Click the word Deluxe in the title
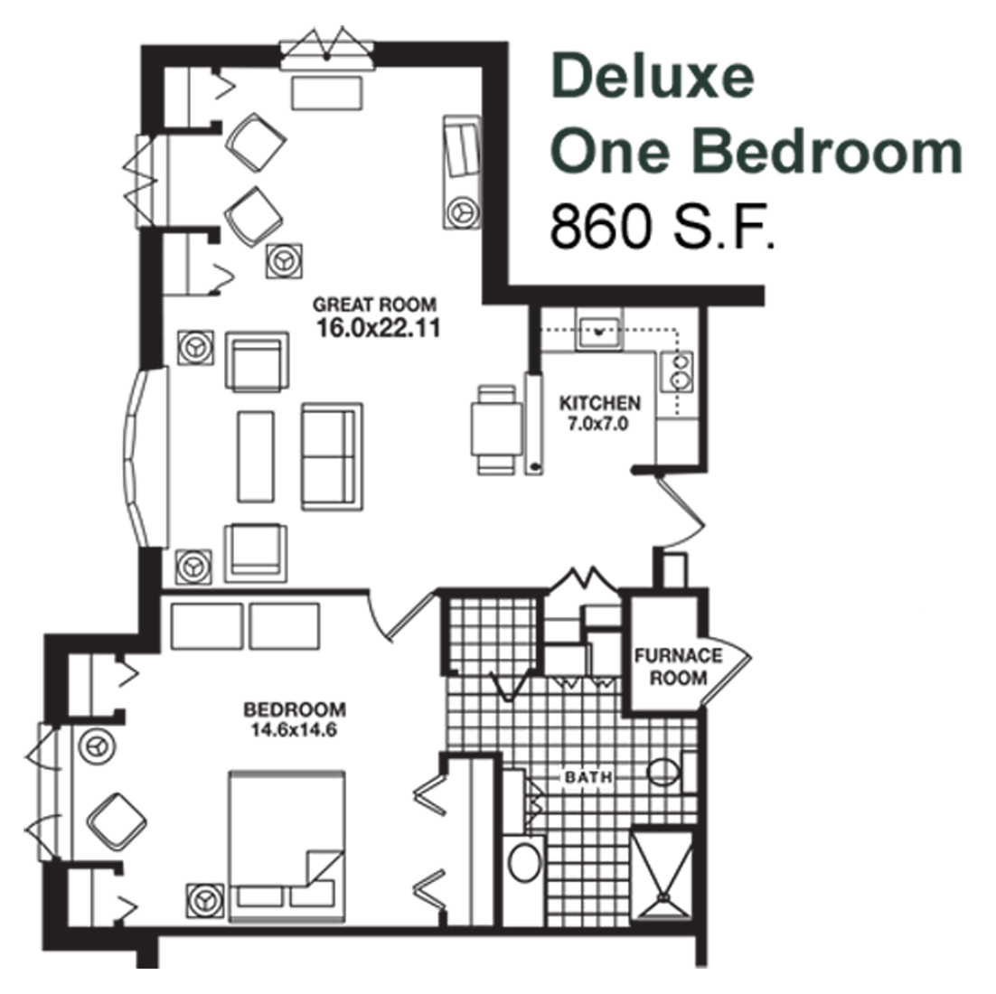[x=653, y=76]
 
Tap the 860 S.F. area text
[x=662, y=227]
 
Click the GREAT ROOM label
[x=374, y=305]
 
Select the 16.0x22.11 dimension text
[x=378, y=328]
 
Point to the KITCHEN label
[x=599, y=403]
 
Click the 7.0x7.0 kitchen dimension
[x=597, y=424]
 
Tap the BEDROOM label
[x=295, y=709]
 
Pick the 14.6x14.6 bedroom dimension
[x=294, y=730]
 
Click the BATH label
[x=589, y=777]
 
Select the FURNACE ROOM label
[x=679, y=667]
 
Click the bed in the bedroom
[x=287, y=847]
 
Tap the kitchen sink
[x=598, y=331]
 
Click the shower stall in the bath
[x=662, y=876]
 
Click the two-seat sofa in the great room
[x=332, y=456]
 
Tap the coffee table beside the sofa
[x=256, y=456]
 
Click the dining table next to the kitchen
[x=496, y=430]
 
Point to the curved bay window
[x=145, y=457]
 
